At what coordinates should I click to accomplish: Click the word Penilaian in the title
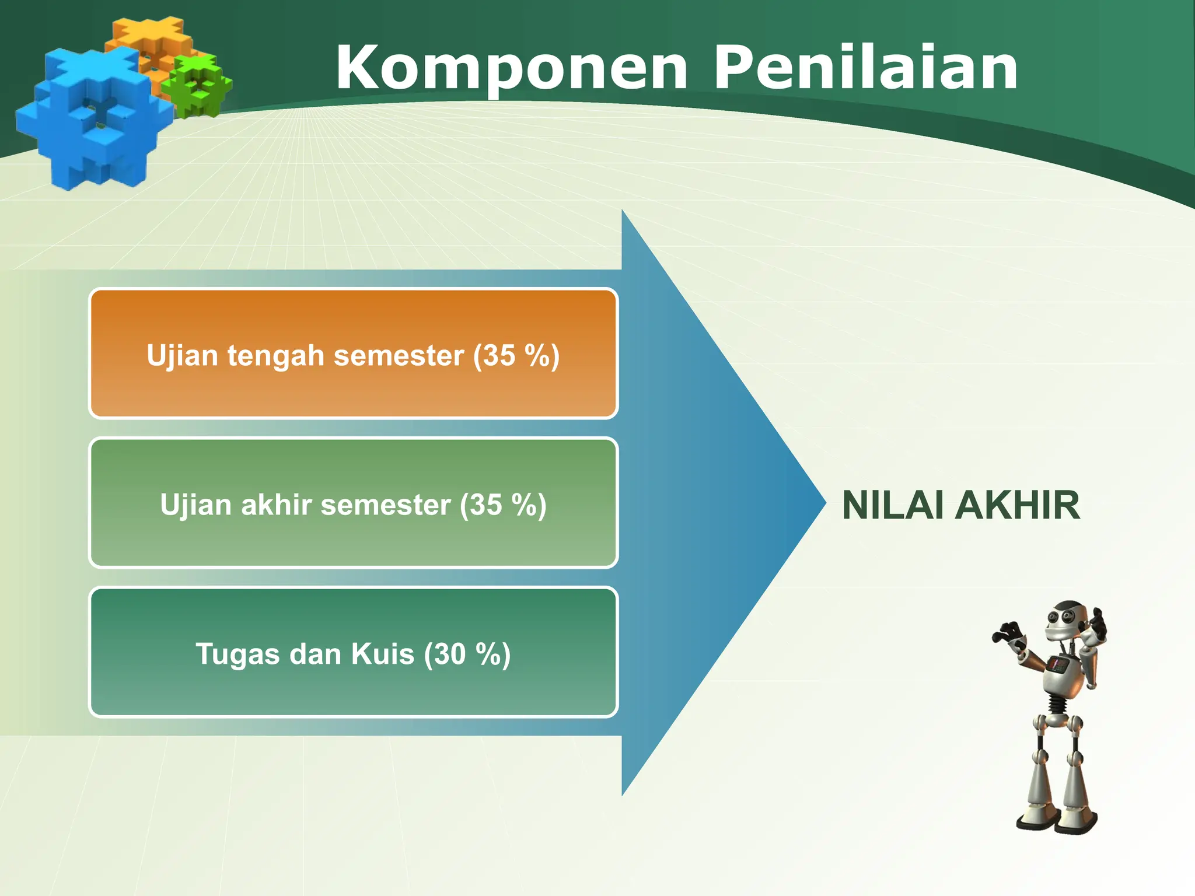866,69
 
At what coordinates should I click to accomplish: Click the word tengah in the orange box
275,356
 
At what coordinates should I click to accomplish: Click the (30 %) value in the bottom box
467,654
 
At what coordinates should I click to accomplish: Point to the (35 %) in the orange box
516,356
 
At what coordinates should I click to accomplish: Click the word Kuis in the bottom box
382,654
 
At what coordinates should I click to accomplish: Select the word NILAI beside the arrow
893,505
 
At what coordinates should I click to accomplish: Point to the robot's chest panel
1058,665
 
